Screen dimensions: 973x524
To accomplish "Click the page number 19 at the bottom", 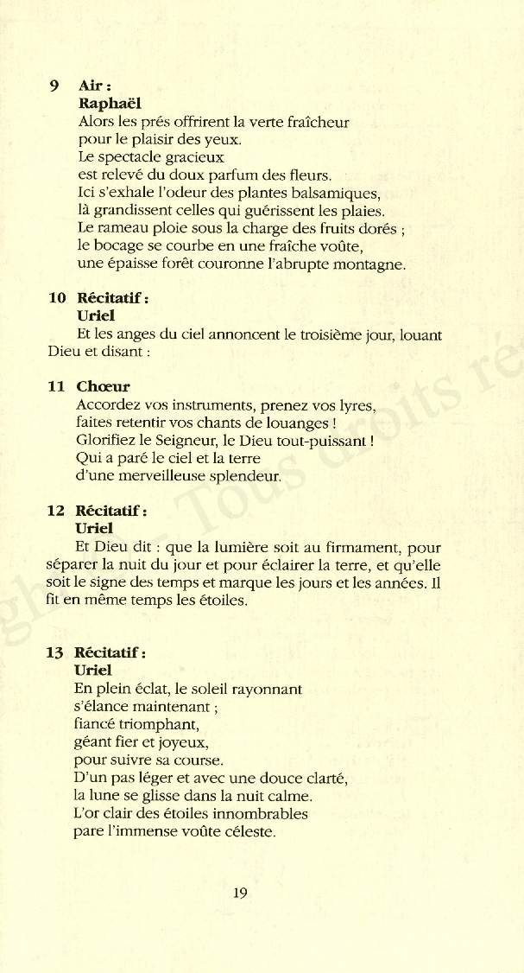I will point(240,894).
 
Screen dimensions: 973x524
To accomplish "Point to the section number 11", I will point(57,387).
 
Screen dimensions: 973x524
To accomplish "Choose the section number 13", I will point(56,653).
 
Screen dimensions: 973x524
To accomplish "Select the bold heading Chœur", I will point(103,387).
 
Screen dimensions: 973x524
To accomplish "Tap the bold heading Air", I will point(93,86).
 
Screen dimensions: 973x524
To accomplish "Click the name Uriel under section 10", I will point(96,316).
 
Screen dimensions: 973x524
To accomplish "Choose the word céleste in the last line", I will point(249,833).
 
